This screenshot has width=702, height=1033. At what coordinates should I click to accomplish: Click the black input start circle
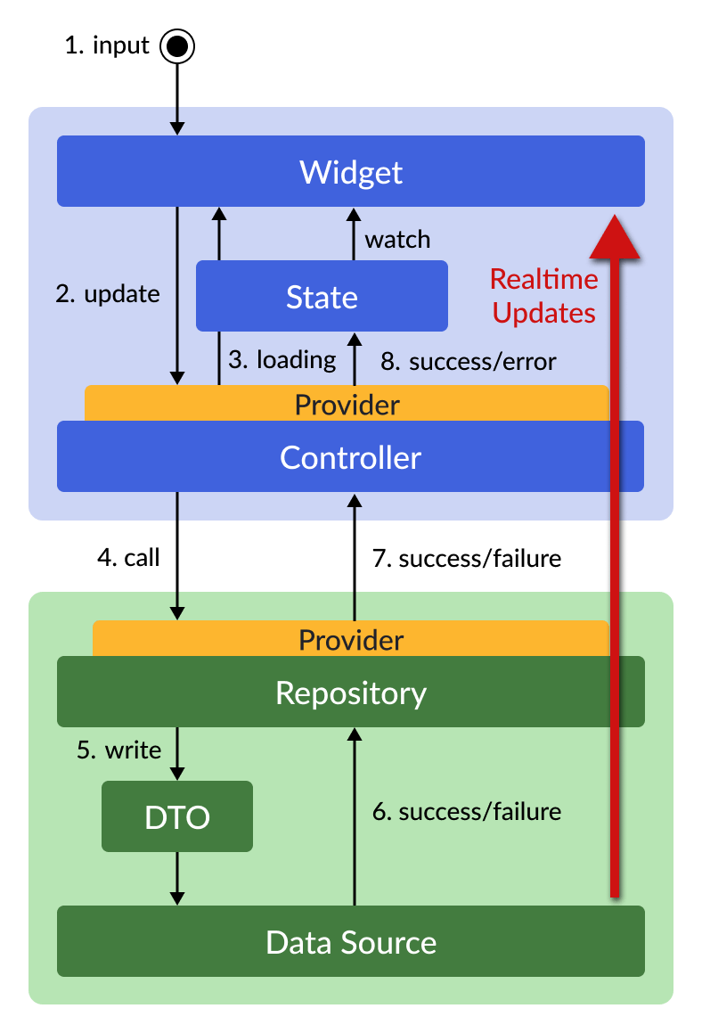point(176,46)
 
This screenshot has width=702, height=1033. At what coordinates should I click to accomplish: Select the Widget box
point(350,171)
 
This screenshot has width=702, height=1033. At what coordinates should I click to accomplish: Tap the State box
point(322,296)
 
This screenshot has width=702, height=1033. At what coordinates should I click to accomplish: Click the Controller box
point(350,457)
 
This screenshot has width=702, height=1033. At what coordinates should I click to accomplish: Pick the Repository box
point(350,693)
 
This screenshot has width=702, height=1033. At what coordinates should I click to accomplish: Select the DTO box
point(177,816)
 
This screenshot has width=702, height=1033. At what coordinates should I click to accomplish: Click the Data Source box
point(350,942)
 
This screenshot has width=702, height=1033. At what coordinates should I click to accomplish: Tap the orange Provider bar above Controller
point(347,404)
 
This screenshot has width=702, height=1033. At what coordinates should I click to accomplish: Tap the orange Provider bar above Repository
point(350,639)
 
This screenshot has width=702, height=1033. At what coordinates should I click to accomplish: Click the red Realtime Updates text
point(543,296)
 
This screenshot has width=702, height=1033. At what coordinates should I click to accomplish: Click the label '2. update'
point(108,294)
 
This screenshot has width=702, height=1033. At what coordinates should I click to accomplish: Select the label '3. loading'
point(282,360)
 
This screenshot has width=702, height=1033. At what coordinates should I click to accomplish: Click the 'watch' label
point(397,240)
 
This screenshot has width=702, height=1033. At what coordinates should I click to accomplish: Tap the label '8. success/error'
point(469,361)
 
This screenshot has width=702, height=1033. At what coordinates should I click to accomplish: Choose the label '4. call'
point(128,558)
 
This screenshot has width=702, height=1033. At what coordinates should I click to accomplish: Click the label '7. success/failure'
point(467,559)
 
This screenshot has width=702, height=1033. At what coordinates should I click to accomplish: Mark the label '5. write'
point(119,750)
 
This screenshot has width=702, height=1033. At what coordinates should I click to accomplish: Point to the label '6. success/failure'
point(467,812)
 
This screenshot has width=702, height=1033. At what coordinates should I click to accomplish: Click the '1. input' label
point(107,45)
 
